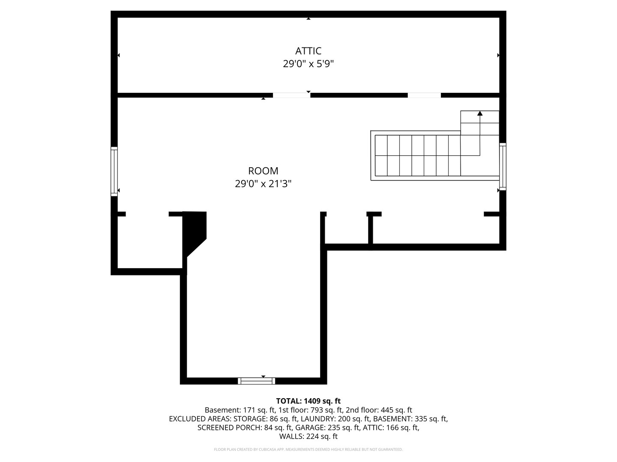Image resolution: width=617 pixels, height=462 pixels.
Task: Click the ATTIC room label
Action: pyautogui.click(x=308, y=51)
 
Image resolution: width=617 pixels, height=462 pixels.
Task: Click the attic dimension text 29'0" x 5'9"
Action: pyautogui.click(x=308, y=64)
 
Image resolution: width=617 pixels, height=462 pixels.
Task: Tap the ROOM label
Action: pyautogui.click(x=263, y=171)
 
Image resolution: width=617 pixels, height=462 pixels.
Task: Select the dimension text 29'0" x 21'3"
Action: pyautogui.click(x=263, y=184)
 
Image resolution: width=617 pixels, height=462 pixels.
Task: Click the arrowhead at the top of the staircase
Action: pyautogui.click(x=480, y=113)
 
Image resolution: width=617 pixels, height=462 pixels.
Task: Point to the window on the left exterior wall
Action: pyautogui.click(x=114, y=172)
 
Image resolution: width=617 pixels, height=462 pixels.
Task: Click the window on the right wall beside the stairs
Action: pyautogui.click(x=503, y=167)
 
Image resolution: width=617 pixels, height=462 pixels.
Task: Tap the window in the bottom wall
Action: pyautogui.click(x=256, y=381)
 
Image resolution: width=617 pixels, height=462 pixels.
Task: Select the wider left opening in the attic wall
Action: pyautogui.click(x=291, y=95)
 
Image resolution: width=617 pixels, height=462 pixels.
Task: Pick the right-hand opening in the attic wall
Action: pyautogui.click(x=424, y=95)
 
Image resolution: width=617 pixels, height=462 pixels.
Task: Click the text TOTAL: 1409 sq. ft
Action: pyautogui.click(x=308, y=401)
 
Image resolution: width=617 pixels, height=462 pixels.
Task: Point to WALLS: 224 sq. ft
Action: pyautogui.click(x=308, y=436)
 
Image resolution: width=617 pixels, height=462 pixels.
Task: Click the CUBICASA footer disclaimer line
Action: pyautogui.click(x=308, y=449)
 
